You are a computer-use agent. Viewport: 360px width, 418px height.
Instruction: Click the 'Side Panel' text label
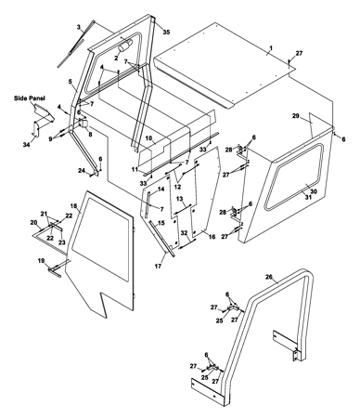(30, 98)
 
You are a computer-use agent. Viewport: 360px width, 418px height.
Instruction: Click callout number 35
(166, 32)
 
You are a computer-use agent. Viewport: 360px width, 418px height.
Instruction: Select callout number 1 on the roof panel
(271, 48)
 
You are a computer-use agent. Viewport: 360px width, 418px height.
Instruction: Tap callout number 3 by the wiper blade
(79, 27)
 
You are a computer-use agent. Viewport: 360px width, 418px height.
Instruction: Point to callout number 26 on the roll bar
(269, 277)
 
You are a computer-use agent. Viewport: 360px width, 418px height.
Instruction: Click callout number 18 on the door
(73, 206)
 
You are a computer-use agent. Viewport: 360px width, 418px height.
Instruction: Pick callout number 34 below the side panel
(27, 144)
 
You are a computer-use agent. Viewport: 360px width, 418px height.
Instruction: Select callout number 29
(296, 116)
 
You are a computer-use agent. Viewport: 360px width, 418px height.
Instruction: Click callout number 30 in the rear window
(314, 191)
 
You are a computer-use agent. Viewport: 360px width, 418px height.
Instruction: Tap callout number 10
(148, 137)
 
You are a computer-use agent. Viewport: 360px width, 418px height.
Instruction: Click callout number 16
(212, 237)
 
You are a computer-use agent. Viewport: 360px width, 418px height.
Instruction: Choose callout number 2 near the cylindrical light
(116, 58)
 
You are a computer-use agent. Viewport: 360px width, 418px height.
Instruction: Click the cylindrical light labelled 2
(125, 46)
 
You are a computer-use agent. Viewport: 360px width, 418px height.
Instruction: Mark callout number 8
(90, 135)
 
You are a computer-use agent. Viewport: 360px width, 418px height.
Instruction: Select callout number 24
(82, 170)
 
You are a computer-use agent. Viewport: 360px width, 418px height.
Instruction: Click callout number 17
(158, 267)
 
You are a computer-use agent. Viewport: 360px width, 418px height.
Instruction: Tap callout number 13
(180, 199)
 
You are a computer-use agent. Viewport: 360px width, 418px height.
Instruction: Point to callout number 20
(33, 222)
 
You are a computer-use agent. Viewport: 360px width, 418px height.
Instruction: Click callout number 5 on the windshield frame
(70, 82)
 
